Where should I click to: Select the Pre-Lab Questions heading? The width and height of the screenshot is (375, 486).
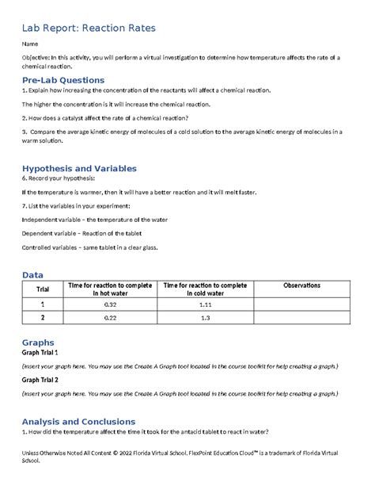point(63,80)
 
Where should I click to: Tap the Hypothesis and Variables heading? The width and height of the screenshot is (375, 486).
point(79,168)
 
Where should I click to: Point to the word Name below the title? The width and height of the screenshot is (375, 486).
point(31,44)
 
